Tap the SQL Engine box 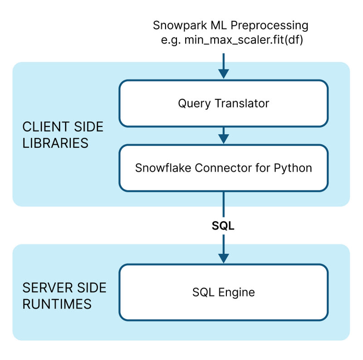click(x=223, y=292)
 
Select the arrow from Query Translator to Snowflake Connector click(x=223, y=135)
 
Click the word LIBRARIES click(x=55, y=143)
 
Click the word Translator click(x=241, y=103)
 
